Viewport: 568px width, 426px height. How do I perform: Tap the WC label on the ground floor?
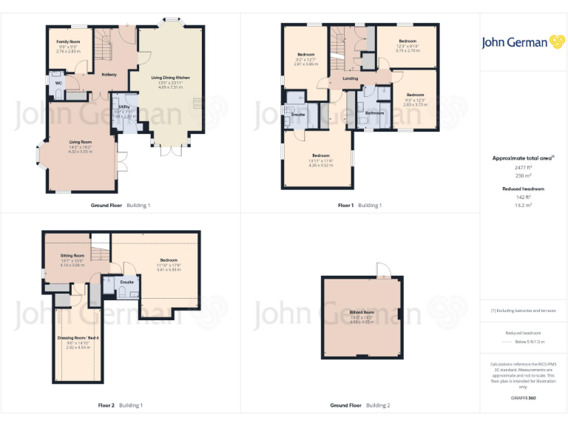pos(58,84)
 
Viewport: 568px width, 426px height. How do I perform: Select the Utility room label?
pos(124,106)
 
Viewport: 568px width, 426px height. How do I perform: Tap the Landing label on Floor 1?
pos(351,78)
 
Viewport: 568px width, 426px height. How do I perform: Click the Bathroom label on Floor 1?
pos(374,113)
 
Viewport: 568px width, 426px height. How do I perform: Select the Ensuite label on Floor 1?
pos(298,115)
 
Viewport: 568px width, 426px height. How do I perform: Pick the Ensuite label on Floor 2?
pos(127,281)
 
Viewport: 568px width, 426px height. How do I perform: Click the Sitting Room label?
pos(72,255)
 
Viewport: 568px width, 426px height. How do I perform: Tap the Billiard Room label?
pos(362,313)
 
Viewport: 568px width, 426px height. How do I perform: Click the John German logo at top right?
pos(524,42)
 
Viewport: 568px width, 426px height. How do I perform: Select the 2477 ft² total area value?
pos(523,168)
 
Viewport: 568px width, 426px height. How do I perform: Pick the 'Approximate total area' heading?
pos(522,158)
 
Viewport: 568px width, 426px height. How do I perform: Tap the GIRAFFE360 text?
pos(523,399)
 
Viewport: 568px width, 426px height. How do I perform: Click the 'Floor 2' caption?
pos(106,405)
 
